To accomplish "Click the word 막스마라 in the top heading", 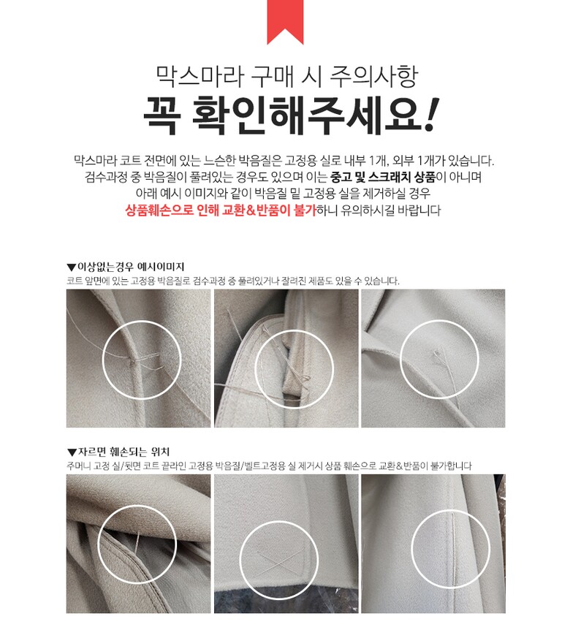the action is click(x=199, y=75).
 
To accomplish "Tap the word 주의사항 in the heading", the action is click(x=373, y=76).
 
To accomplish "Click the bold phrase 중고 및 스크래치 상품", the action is click(x=382, y=177).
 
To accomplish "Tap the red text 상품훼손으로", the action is click(x=159, y=210).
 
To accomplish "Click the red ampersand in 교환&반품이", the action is click(x=251, y=210).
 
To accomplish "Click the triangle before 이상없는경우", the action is click(x=72, y=267).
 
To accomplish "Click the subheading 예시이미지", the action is click(x=161, y=267).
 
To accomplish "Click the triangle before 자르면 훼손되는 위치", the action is click(x=72, y=453).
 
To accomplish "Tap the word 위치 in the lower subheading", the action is click(x=160, y=452).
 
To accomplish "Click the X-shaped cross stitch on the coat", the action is click(x=280, y=561).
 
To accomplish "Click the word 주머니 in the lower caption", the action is click(x=78, y=466).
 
